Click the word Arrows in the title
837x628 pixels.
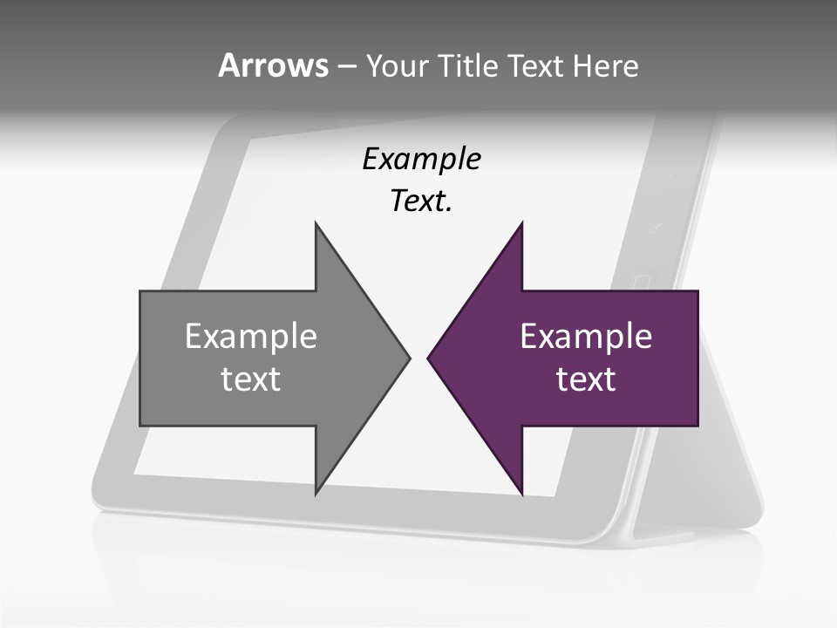[x=273, y=65]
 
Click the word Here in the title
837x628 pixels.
[x=605, y=65]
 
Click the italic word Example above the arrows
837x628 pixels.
[x=421, y=159]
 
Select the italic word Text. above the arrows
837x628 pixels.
[x=421, y=201]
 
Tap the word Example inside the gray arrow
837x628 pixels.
[x=251, y=336]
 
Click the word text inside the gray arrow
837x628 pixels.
[x=251, y=379]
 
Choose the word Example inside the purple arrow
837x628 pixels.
[x=586, y=336]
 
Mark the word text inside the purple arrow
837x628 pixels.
[x=586, y=379]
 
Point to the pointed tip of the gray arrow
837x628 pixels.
[x=409, y=358]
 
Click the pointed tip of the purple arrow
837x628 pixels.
[x=428, y=358]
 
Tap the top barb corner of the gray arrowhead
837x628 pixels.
[x=316, y=223]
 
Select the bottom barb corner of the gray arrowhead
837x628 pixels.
[x=316, y=494]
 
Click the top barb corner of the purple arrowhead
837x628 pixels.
[x=522, y=223]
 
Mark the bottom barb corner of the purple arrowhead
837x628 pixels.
[x=522, y=494]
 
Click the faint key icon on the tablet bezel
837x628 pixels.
[x=657, y=229]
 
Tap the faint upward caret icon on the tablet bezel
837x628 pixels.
[x=669, y=177]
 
